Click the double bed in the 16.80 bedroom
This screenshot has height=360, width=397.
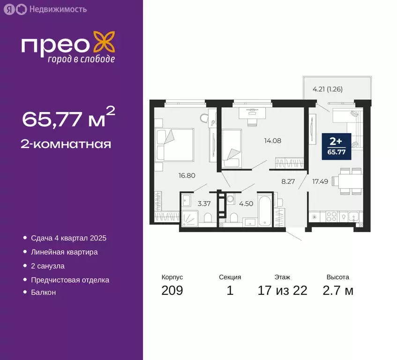click(x=174, y=144)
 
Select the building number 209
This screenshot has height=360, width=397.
click(x=172, y=291)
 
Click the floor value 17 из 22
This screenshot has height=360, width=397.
click(x=283, y=291)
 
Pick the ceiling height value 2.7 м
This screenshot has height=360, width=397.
click(x=337, y=291)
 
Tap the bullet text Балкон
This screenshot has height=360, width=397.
click(x=43, y=292)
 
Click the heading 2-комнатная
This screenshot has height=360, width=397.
click(x=66, y=144)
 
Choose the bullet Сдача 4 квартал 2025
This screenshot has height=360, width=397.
click(x=68, y=238)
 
